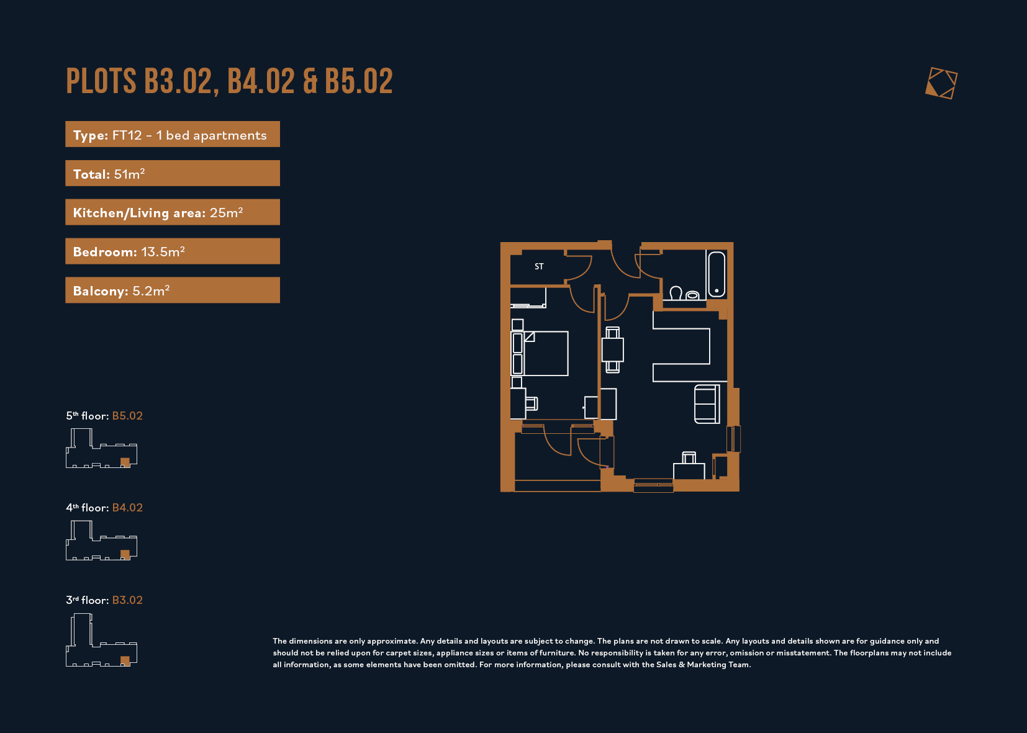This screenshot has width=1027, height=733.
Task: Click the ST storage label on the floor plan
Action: [x=539, y=266]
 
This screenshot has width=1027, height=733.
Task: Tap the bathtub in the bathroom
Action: [x=717, y=274]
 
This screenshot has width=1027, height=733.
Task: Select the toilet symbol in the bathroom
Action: [x=676, y=294]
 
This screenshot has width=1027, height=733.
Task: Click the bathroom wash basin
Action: [x=692, y=295]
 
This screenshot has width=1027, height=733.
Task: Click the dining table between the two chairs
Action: [x=612, y=350]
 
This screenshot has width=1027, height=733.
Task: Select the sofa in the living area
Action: [x=707, y=404]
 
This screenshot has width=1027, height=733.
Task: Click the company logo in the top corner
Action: [x=941, y=83]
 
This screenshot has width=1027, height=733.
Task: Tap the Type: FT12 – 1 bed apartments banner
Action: [x=173, y=134]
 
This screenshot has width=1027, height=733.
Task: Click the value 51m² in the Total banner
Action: [x=129, y=174]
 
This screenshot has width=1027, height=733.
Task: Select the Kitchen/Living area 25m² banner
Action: [x=173, y=212]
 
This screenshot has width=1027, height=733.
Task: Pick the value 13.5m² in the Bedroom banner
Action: [x=163, y=251]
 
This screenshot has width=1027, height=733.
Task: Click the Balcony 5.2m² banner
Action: [x=173, y=290]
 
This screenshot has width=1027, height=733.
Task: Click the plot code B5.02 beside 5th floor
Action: [x=127, y=416]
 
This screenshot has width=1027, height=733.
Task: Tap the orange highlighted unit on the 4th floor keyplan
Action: [x=125, y=555]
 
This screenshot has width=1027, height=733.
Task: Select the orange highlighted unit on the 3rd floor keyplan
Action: [x=125, y=661]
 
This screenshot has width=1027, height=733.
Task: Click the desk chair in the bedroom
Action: [x=532, y=403]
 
